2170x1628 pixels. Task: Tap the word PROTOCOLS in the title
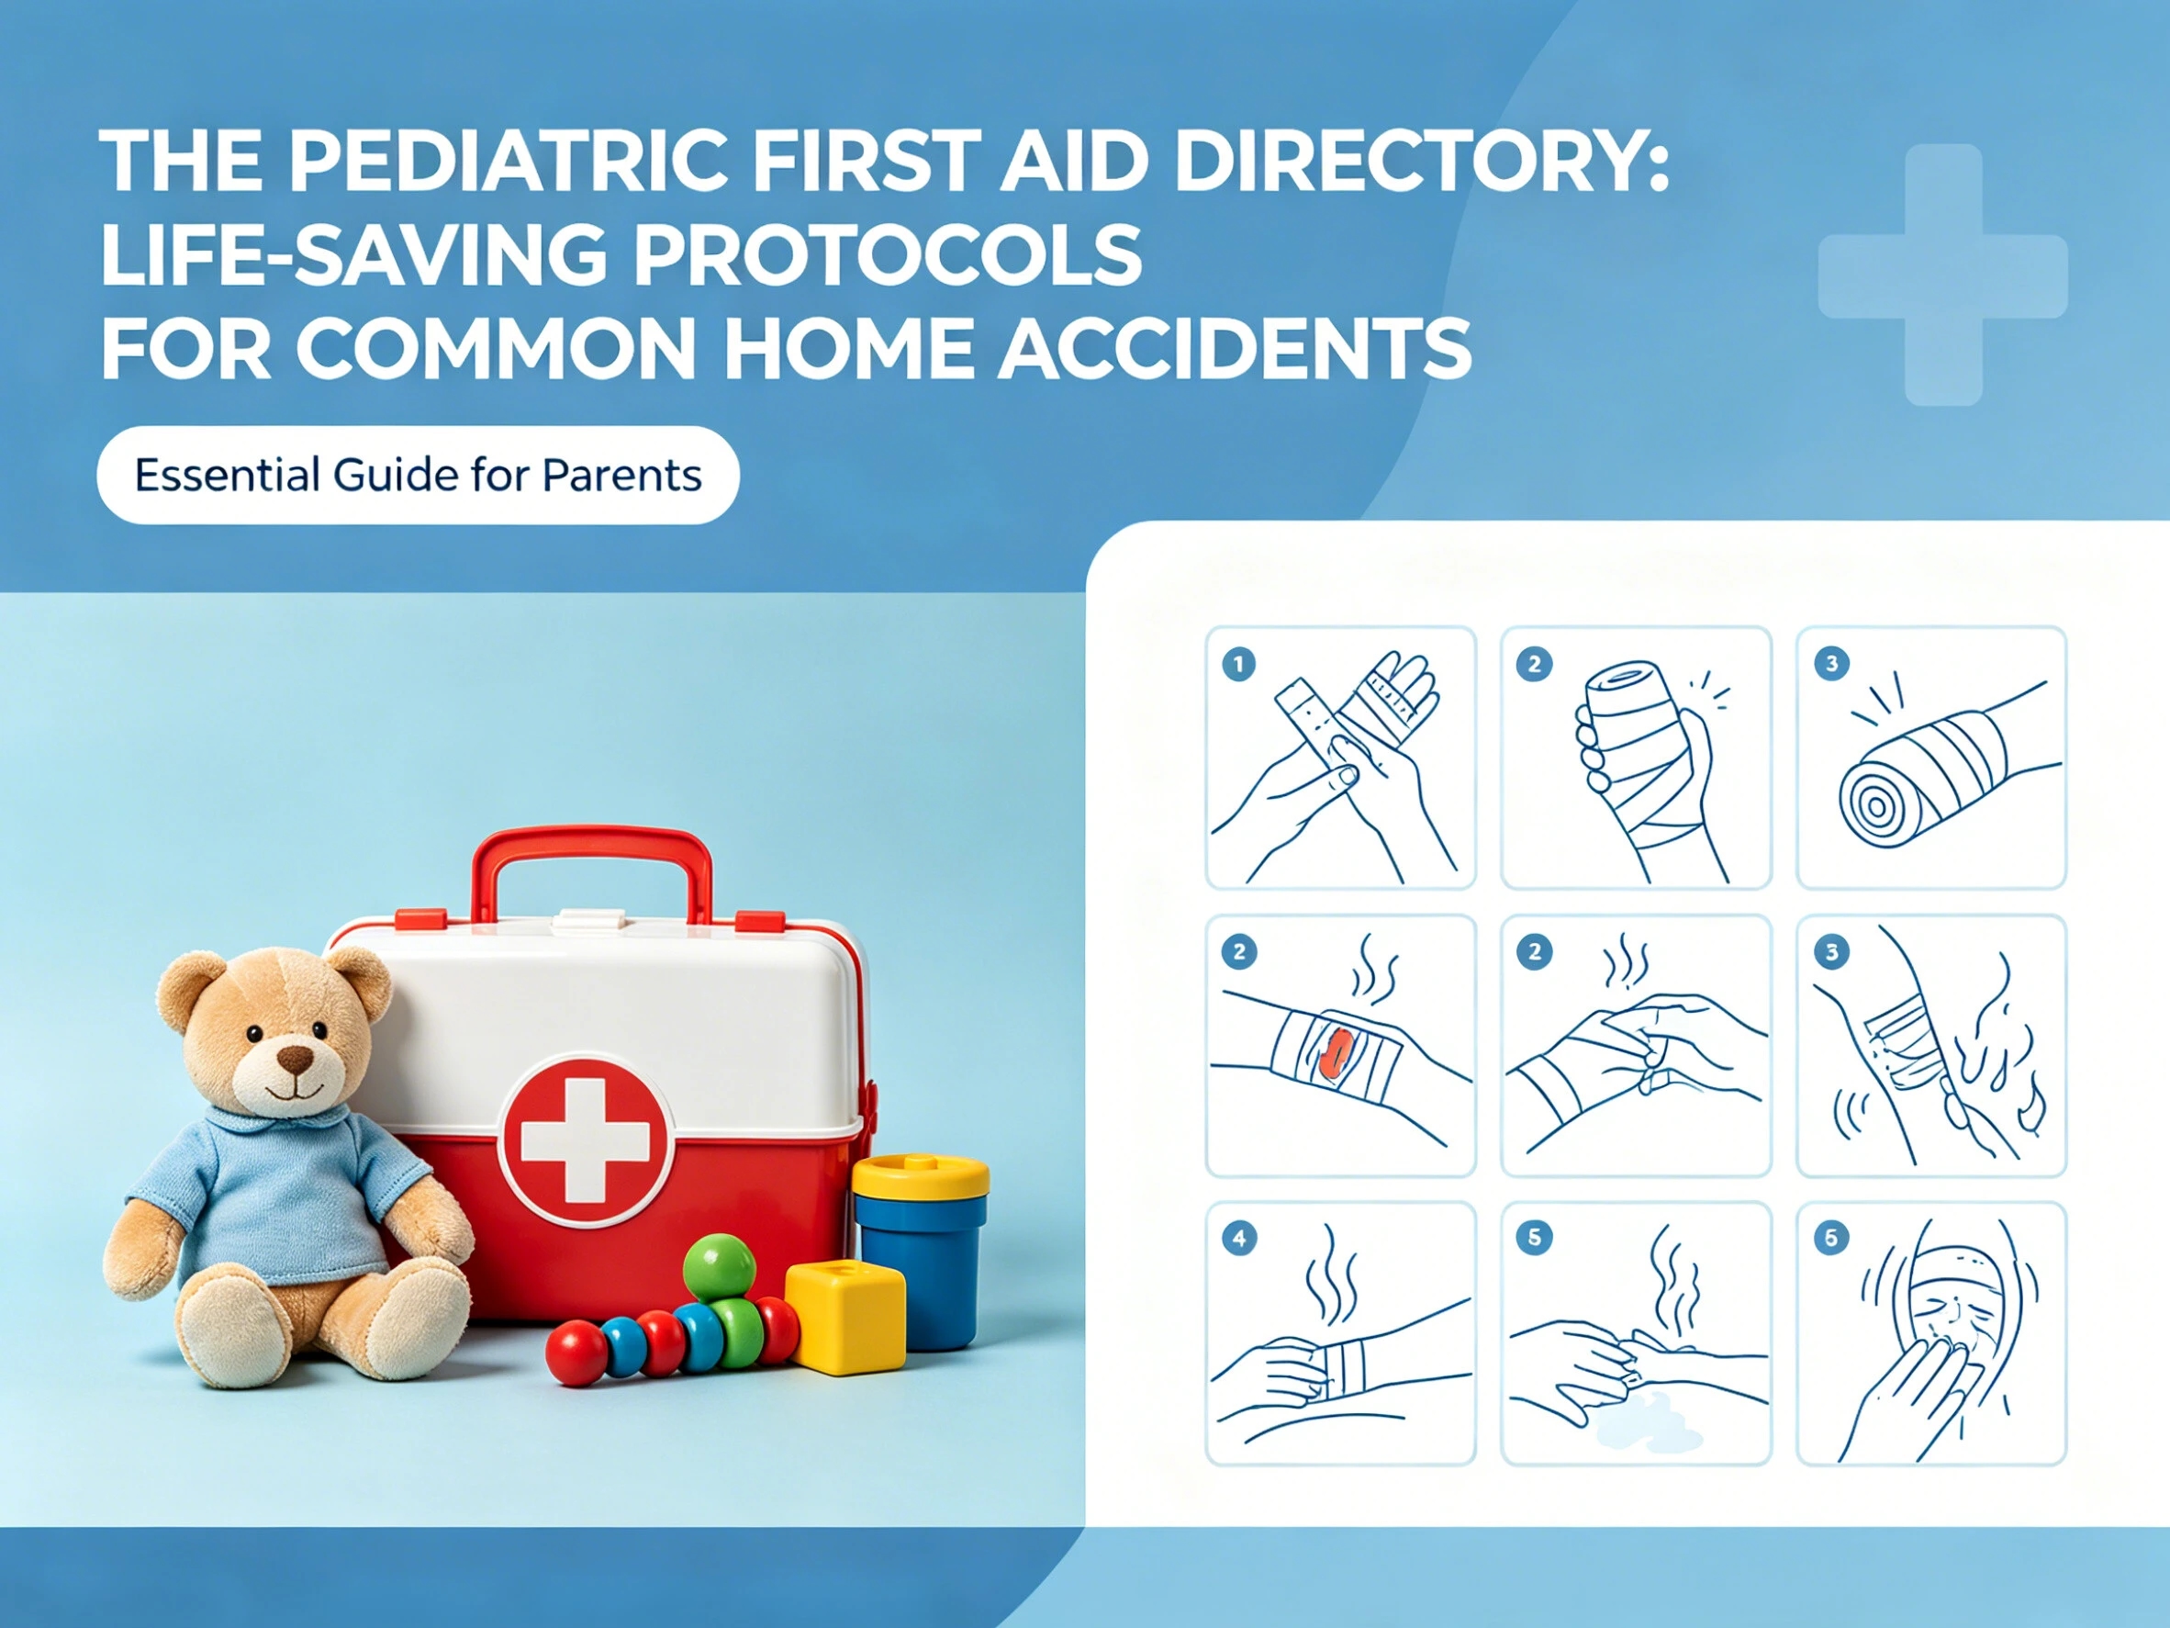[887, 254]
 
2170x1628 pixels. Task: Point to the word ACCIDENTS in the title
[1234, 348]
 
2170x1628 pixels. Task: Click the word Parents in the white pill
[622, 476]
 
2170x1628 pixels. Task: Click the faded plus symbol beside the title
[1942, 275]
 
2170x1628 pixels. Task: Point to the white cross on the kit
[585, 1141]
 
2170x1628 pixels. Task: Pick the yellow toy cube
[845, 1316]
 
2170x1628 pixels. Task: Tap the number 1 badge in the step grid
[1238, 665]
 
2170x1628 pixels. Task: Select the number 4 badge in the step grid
[1239, 1239]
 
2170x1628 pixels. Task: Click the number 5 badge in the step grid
[1534, 1239]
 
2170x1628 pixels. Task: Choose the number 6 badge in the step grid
[1830, 1239]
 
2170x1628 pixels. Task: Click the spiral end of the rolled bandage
[1875, 806]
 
